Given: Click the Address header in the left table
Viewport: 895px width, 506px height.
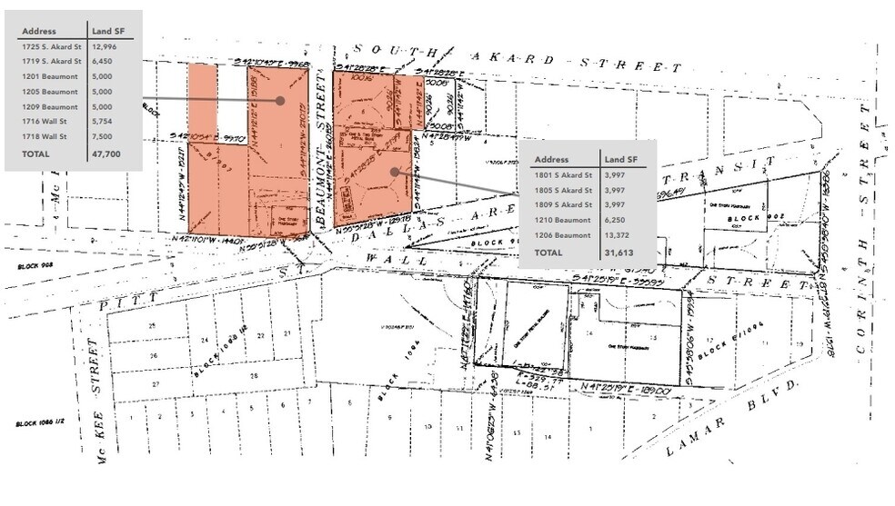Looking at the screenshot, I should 39,31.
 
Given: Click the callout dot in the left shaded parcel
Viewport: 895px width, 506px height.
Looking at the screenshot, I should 280,101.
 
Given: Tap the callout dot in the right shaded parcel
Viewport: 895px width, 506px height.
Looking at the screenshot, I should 394,171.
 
